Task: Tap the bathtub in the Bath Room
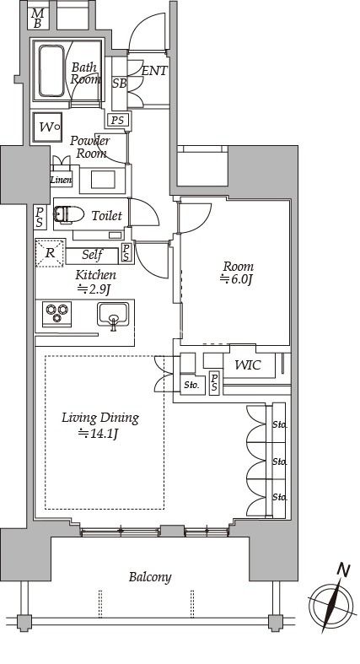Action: tap(51, 71)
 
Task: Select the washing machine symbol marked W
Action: tap(47, 127)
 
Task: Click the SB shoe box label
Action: tap(119, 84)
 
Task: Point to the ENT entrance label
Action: tap(154, 71)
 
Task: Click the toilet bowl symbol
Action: tap(69, 214)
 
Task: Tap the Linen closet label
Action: tap(61, 180)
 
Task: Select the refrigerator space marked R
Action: tap(50, 253)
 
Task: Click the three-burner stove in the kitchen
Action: tap(57, 314)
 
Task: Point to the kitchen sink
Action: tap(112, 315)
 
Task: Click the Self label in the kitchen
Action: tap(93, 255)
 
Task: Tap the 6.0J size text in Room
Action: tap(237, 279)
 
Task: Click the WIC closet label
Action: tap(248, 365)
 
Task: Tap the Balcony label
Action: tap(150, 577)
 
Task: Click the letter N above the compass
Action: tap(343, 571)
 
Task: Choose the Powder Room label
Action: tap(89, 147)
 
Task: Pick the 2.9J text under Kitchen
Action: tap(94, 289)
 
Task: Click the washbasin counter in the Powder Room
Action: tap(102, 180)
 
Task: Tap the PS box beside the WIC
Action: tap(214, 383)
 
